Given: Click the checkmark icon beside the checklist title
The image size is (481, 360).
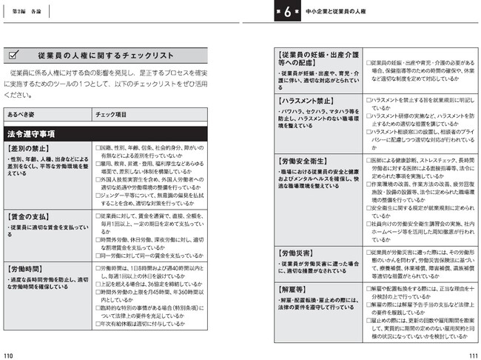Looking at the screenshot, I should (15, 56).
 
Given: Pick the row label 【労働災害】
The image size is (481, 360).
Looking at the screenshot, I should (298, 253).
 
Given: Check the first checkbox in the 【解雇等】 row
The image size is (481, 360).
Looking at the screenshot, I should (368, 288).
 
